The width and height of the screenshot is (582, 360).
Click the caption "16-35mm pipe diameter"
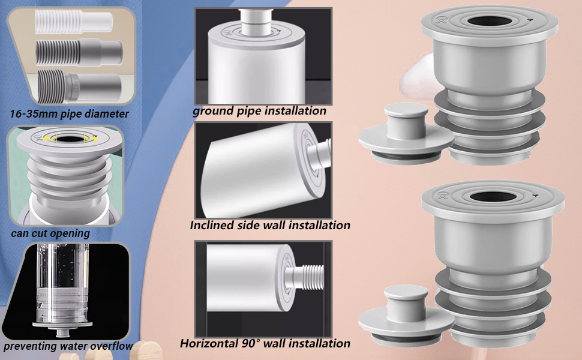[70, 114]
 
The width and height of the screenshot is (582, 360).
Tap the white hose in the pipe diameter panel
[73, 21]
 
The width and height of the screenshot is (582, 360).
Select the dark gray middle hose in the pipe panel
[79, 53]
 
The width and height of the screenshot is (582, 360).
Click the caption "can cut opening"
[50, 234]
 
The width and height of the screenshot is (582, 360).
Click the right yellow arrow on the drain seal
[91, 138]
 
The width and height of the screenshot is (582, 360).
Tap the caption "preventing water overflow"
[68, 346]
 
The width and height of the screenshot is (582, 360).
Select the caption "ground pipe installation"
[259, 110]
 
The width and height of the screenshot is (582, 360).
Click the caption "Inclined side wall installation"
[270, 225]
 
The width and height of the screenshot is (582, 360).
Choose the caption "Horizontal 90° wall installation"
[265, 343]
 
